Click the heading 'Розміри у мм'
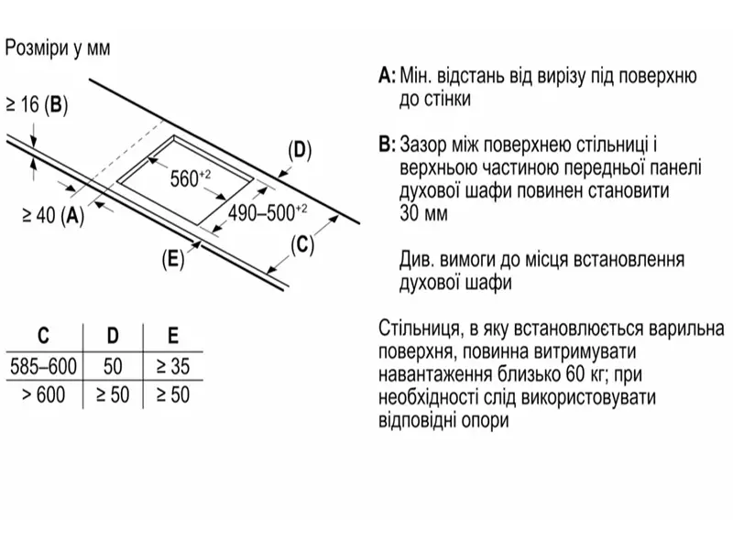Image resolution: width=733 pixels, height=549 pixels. pyautogui.click(x=58, y=48)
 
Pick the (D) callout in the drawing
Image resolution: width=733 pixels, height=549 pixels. pyautogui.click(x=300, y=150)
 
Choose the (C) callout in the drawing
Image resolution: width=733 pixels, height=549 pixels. pyautogui.click(x=302, y=244)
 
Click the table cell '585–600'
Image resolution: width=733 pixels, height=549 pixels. pyautogui.click(x=43, y=367)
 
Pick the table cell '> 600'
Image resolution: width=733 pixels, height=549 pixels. pyautogui.click(x=43, y=395)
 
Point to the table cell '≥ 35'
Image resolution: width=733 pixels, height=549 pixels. pyautogui.click(x=172, y=367)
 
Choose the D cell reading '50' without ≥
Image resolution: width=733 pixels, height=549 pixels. pyautogui.click(x=113, y=367)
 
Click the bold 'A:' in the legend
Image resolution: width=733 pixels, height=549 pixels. pyautogui.click(x=386, y=76)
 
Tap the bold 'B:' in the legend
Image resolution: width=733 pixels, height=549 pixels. pyautogui.click(x=386, y=145)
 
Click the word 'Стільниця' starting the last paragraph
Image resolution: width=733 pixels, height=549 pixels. pyautogui.click(x=417, y=328)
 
